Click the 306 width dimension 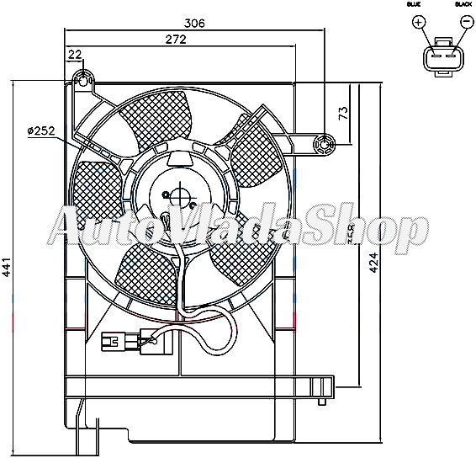[194, 24]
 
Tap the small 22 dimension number [75, 56]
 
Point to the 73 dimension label [343, 115]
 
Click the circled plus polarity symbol [419, 23]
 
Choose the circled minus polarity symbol [465, 23]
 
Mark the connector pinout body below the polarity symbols [442, 59]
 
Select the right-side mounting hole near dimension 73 [325, 145]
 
